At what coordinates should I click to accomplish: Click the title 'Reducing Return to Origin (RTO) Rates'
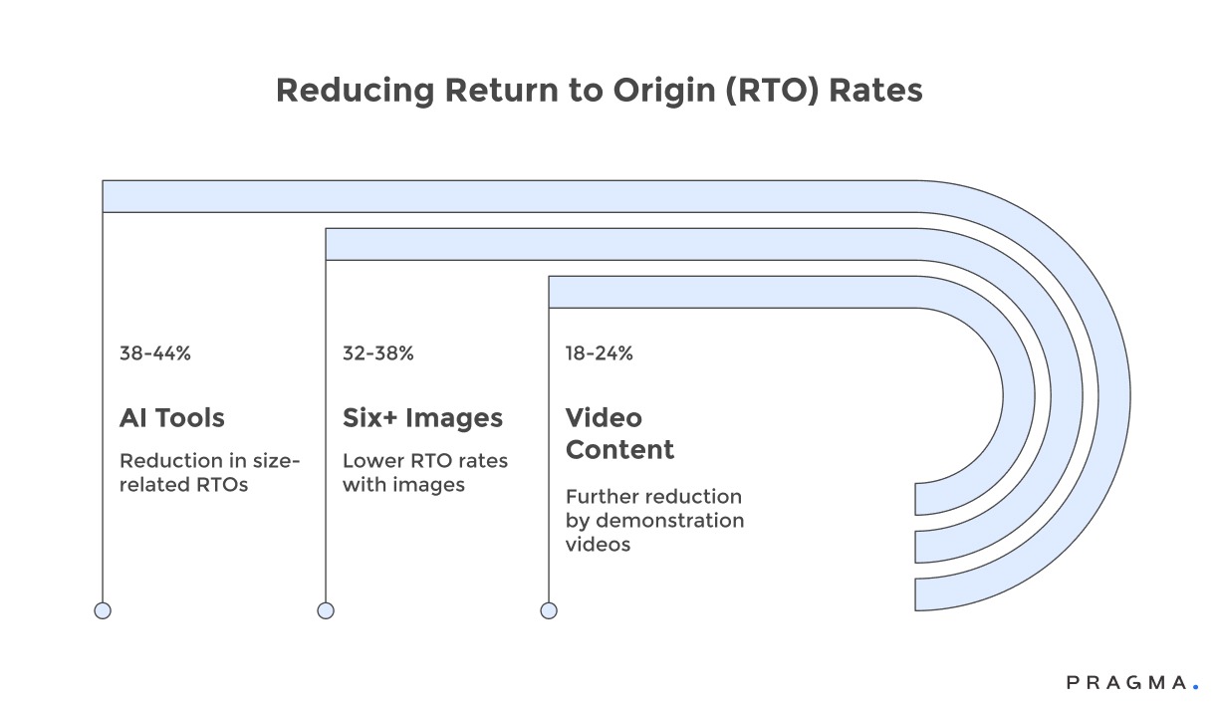599,91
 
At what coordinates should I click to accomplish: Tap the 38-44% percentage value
154,353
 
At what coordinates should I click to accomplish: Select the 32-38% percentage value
377,353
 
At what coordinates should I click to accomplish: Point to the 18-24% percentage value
600,353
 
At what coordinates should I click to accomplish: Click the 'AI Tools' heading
171,418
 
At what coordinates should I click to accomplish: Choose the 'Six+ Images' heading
422,418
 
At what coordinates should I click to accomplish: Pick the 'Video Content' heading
619,433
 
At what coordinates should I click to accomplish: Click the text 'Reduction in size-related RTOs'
209,473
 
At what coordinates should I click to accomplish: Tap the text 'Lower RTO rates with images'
425,473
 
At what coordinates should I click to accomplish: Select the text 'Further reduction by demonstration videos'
654,520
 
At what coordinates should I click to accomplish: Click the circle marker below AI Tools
103,610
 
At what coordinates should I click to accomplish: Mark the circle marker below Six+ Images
326,610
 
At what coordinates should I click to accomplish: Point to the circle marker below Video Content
549,610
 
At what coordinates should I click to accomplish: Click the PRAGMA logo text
1125,683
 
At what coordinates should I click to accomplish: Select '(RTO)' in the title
771,91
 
